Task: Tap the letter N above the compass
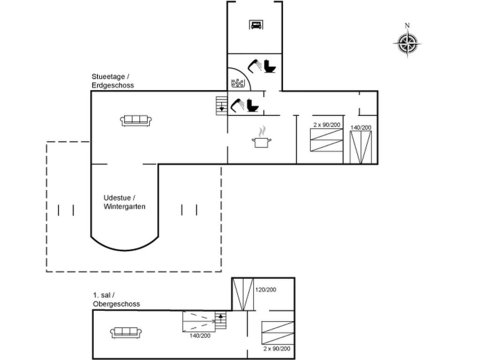click(x=407, y=26)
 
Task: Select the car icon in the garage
click(x=255, y=25)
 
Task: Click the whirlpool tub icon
click(x=239, y=83)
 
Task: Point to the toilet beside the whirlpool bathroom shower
click(x=270, y=66)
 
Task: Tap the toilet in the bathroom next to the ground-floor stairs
click(x=253, y=105)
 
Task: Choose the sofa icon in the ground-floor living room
click(x=135, y=120)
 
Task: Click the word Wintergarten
click(x=125, y=206)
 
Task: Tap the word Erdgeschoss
click(x=113, y=85)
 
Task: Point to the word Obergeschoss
click(x=116, y=304)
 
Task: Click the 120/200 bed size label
click(x=266, y=290)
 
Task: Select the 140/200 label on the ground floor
click(x=360, y=127)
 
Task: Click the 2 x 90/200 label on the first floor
click(x=277, y=349)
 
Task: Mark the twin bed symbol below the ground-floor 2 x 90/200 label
click(x=327, y=141)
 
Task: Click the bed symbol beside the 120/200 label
click(x=243, y=294)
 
